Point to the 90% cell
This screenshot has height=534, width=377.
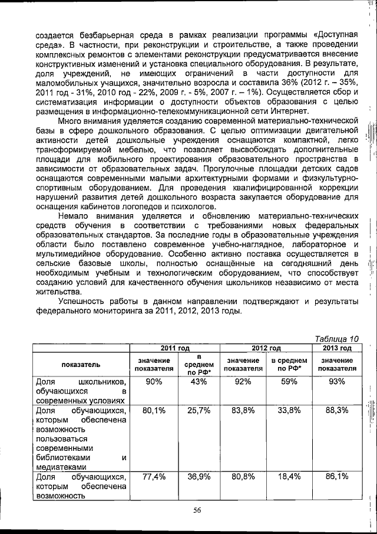tap(154, 382)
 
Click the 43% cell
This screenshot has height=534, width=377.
tap(198, 382)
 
